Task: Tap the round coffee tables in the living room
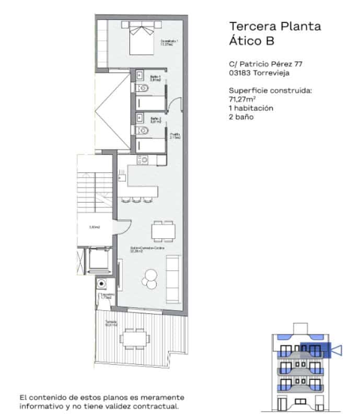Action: point(150,278)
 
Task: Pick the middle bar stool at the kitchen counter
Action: point(136,199)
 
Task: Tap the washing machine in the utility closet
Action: point(102,284)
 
